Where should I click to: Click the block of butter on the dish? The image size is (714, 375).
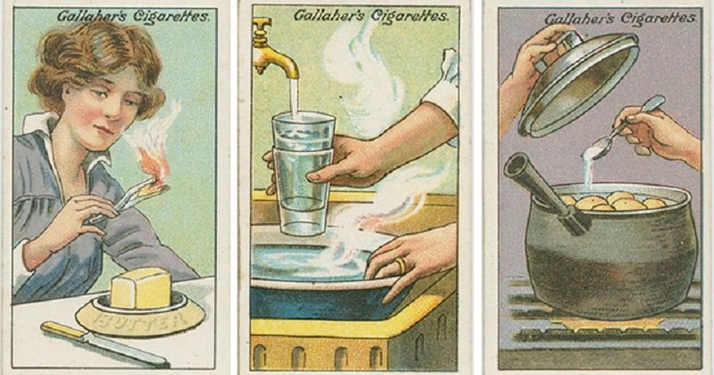[x=141, y=288]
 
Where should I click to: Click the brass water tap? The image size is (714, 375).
[x=272, y=49]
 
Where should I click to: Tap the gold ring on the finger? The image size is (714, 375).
[x=400, y=266]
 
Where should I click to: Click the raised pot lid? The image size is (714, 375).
[x=579, y=84]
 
